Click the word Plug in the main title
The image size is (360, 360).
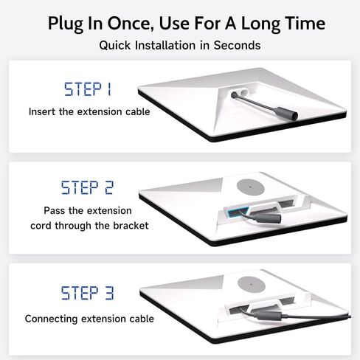click(66, 24)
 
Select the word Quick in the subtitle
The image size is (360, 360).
click(115, 45)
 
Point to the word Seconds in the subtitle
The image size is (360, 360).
click(237, 45)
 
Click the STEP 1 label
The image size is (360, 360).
click(88, 89)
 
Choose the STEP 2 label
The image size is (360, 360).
click(87, 187)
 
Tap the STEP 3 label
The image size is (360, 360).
click(88, 293)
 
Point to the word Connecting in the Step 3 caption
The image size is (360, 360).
click(51, 319)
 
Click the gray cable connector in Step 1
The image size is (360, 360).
click(286, 114)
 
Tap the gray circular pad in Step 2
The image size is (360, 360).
click(251, 187)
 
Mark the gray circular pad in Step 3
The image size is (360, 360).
click(252, 285)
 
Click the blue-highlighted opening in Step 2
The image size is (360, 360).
click(238, 212)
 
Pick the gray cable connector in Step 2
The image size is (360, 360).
click(267, 218)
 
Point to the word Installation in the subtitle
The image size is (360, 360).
click(165, 45)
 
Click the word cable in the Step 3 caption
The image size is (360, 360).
click(142, 319)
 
